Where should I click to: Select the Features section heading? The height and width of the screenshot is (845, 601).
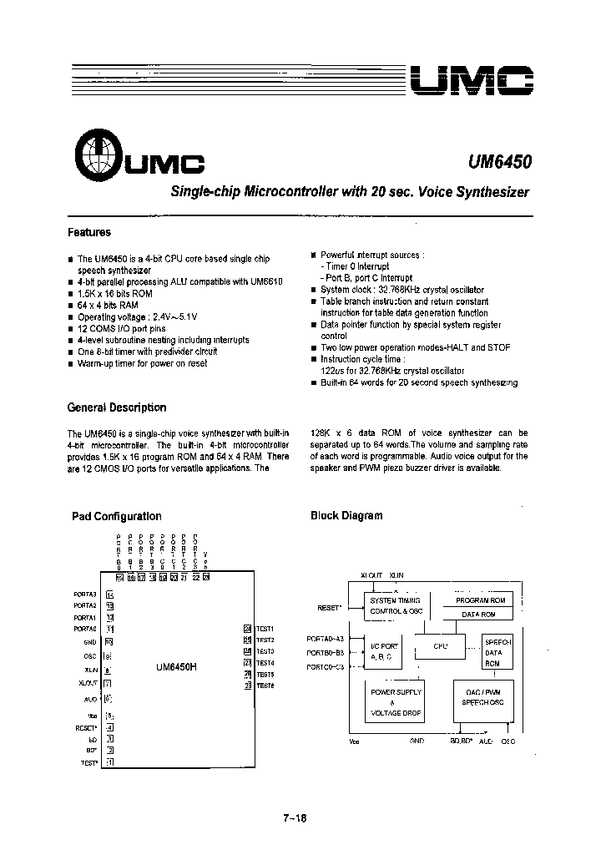pyautogui.click(x=89, y=233)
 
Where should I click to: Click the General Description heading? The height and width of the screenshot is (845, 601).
pyautogui.click(x=117, y=407)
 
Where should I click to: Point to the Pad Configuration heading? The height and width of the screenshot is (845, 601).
pyautogui.click(x=117, y=516)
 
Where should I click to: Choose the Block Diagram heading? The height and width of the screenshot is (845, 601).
pyautogui.click(x=346, y=515)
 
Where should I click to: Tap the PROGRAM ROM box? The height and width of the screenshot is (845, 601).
pyautogui.click(x=480, y=600)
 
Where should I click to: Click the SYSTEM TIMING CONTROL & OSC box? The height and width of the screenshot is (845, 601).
pyautogui.click(x=396, y=606)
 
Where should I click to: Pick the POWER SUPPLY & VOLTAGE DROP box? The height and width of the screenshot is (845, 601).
pyautogui.click(x=396, y=703)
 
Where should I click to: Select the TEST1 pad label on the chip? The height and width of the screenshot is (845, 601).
pyautogui.click(x=265, y=629)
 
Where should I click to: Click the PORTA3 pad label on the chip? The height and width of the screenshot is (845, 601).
pyautogui.click(x=86, y=594)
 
